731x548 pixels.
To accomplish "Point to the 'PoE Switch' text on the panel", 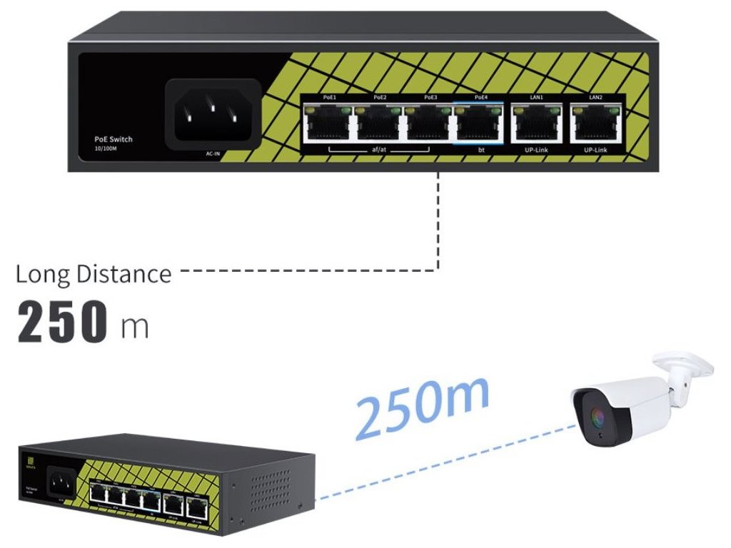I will (114, 139).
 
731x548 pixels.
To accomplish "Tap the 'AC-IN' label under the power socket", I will (213, 153).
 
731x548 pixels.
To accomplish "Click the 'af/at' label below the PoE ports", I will (379, 151).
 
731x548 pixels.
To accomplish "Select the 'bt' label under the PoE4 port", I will (480, 151).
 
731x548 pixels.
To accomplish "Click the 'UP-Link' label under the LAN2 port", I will (595, 151).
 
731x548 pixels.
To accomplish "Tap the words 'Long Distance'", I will (94, 274).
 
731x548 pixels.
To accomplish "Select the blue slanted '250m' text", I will (422, 405).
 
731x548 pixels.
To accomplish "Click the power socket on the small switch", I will (61, 486).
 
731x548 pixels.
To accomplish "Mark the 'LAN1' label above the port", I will (536, 97).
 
